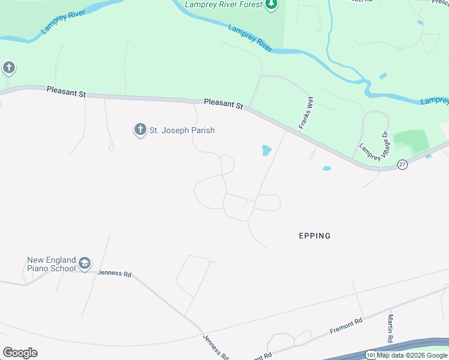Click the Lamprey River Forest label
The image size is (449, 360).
pyautogui.click(x=224, y=5)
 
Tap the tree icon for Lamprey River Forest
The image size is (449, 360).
pyautogui.click(x=273, y=5)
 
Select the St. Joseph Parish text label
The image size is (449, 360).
pyautogui.click(x=182, y=130)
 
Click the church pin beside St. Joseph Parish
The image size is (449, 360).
pyautogui.click(x=140, y=129)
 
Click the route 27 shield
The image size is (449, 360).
pyautogui.click(x=402, y=164)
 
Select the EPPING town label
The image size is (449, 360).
pyautogui.click(x=315, y=236)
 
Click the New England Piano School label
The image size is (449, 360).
pyautogui.click(x=52, y=264)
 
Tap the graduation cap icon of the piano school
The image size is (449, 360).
pyautogui.click(x=85, y=263)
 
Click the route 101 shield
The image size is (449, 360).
pyautogui.click(x=371, y=355)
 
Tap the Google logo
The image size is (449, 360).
pyautogui.click(x=20, y=353)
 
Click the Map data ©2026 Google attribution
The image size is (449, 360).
pyautogui.click(x=412, y=355)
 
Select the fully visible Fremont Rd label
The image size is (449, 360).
pyautogui.click(x=346, y=326)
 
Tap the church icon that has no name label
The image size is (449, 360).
pyautogui.click(x=9, y=67)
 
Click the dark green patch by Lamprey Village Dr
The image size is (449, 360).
pyautogui.click(x=411, y=140)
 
